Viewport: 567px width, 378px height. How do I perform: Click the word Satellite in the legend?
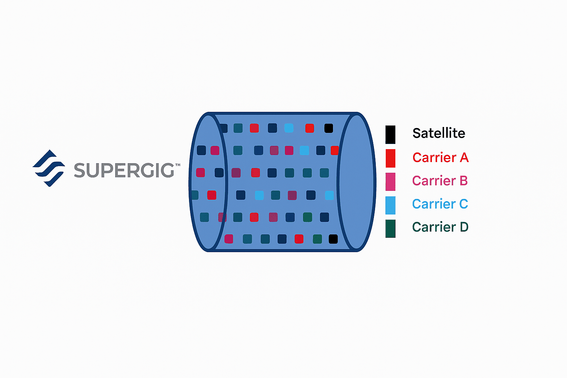coord(439,133)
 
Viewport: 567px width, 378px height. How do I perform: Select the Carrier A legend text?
coord(440,158)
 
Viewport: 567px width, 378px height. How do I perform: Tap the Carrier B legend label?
coord(440,181)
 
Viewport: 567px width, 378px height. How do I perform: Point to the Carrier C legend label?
coord(440,204)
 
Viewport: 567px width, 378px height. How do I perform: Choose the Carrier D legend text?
coord(440,227)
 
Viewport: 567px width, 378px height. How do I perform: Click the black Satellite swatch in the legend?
coord(390,134)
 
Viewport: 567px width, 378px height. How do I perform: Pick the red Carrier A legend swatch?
coord(390,158)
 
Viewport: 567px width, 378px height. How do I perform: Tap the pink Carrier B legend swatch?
coord(390,182)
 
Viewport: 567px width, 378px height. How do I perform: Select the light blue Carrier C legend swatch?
coord(390,205)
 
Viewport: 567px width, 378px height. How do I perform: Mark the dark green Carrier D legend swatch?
coord(390,228)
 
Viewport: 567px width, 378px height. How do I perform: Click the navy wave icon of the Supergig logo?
coord(49,168)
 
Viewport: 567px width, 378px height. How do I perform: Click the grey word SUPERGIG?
coord(124,170)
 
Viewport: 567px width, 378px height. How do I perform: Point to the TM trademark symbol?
coord(178,165)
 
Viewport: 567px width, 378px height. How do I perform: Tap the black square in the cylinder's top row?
coord(329,128)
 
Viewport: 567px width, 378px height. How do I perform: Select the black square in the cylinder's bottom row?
coord(333,239)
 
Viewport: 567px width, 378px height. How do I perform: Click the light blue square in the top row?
coord(289,128)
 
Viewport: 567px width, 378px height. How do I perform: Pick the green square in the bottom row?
coord(317,239)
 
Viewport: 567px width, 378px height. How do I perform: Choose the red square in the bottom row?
coord(299,239)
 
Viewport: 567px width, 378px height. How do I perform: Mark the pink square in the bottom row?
coord(229,239)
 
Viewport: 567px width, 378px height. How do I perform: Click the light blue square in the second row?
coord(304,150)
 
